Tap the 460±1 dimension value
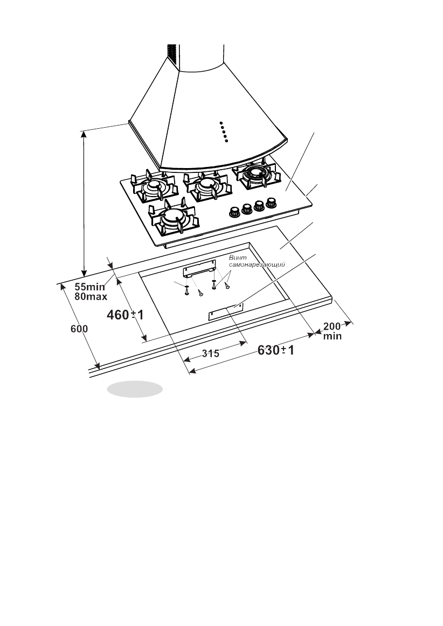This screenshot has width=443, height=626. [125, 315]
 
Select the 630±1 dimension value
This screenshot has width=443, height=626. [275, 351]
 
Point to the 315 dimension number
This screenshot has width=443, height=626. [210, 353]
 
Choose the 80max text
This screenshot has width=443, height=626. [91, 296]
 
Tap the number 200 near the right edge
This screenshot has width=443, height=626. [332, 327]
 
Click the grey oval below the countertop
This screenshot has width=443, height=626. [134, 388]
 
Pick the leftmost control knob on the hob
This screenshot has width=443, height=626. [234, 211]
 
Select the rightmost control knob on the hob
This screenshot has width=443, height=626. [272, 203]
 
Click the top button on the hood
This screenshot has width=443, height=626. [221, 123]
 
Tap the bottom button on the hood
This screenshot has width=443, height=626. [226, 141]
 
